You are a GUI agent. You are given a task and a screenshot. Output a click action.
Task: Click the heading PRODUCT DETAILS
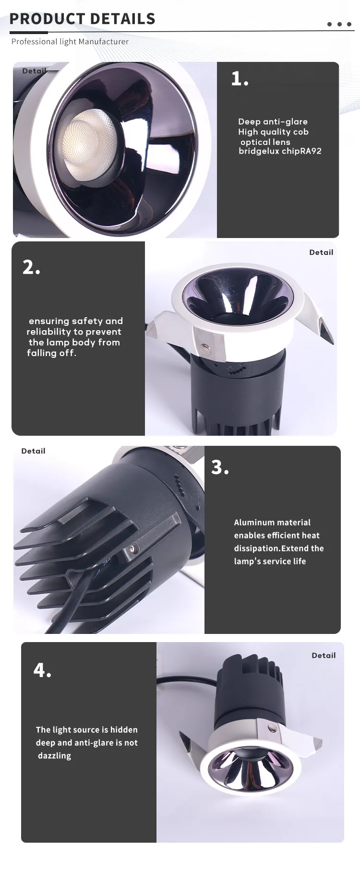(x=83, y=19)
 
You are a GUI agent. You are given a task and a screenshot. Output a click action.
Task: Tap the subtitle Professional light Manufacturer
(x=70, y=42)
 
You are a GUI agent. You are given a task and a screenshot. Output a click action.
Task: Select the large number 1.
(x=240, y=78)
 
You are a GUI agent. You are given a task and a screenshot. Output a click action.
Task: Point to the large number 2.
(x=31, y=267)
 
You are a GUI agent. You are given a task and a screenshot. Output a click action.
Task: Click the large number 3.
(x=220, y=467)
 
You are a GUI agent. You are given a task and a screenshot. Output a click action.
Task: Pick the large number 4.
(x=42, y=670)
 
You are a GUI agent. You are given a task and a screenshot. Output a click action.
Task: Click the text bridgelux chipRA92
(x=280, y=151)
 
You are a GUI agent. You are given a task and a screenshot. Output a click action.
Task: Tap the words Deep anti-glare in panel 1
(x=273, y=122)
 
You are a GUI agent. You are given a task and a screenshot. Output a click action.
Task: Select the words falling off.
(x=51, y=353)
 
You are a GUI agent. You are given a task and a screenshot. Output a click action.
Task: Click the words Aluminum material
(x=272, y=523)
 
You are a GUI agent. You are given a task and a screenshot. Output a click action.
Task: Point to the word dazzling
(x=54, y=756)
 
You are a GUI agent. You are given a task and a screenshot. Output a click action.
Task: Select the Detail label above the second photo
(x=321, y=252)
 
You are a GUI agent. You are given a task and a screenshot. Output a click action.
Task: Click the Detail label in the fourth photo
(x=324, y=656)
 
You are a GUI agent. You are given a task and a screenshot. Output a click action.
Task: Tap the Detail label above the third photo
(x=33, y=451)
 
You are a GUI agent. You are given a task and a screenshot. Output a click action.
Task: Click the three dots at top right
(x=340, y=24)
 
